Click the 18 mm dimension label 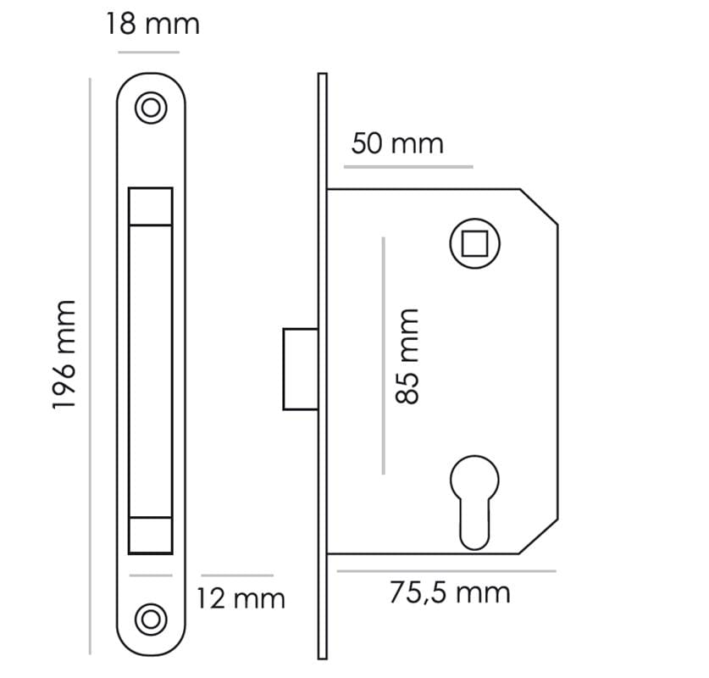click(152, 24)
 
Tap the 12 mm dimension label click(241, 599)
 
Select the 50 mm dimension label click(397, 143)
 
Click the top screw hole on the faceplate click(152, 108)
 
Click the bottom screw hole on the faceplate click(152, 619)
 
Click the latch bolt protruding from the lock click(300, 369)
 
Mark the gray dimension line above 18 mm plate click(149, 53)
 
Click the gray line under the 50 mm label click(408, 167)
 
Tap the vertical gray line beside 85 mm click(383, 355)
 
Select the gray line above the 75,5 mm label click(446, 571)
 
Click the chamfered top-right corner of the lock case click(539, 207)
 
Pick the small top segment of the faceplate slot click(151, 206)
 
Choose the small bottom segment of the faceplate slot click(151, 534)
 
